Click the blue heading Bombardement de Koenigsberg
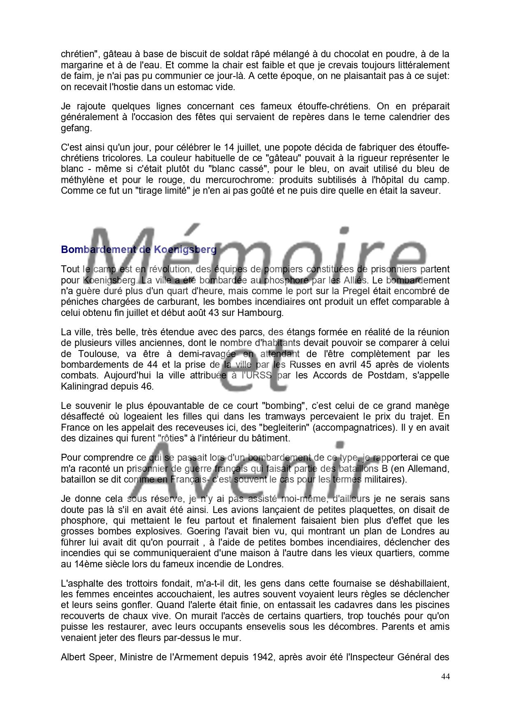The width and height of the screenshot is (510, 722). click(139, 249)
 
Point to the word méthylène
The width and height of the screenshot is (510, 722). click(81, 180)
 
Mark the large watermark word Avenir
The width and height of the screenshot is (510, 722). click(243, 469)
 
